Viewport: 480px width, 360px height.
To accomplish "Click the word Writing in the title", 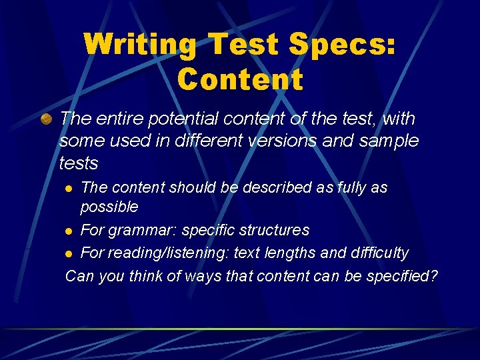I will click(140, 45).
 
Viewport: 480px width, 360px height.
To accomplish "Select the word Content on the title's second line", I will click(240, 79).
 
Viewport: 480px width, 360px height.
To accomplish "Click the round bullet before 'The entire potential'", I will click(46, 119).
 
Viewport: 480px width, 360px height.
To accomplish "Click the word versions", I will click(288, 141).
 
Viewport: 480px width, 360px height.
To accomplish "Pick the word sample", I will click(389, 141).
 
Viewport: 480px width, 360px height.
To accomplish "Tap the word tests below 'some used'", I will click(78, 163).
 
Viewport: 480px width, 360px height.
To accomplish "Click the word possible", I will click(109, 207).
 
